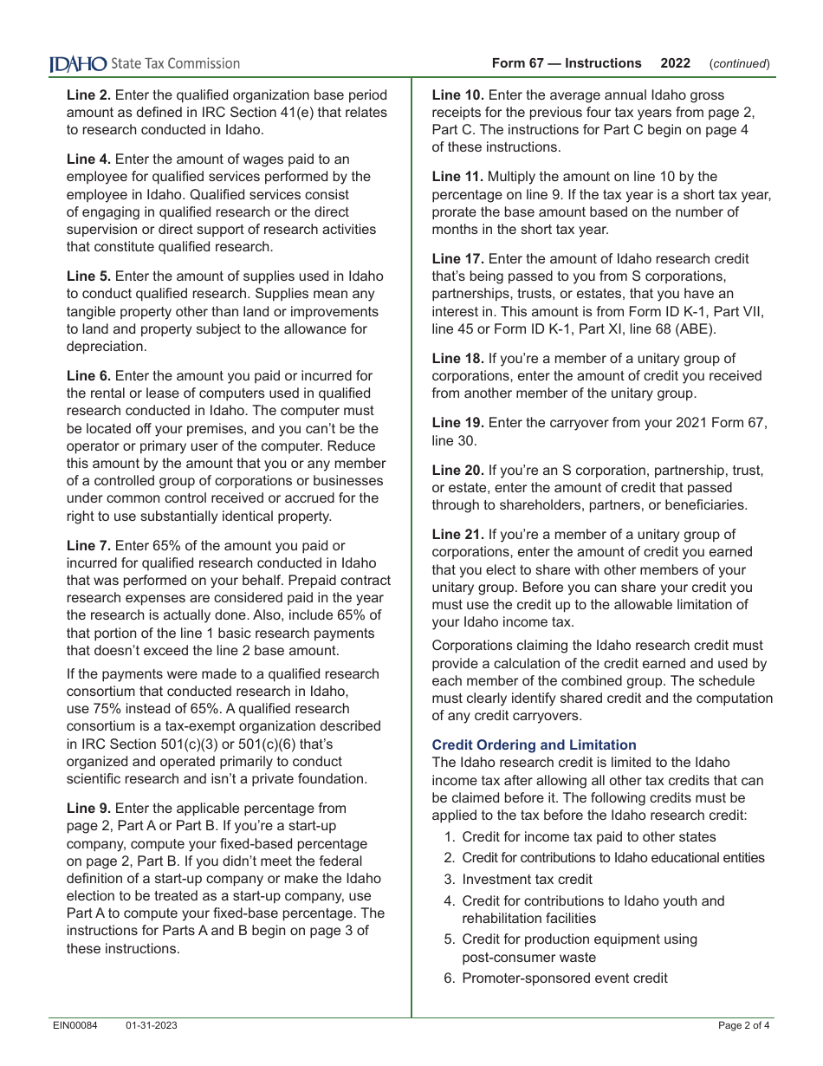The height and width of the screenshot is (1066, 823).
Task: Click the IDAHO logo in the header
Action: pyautogui.click(x=79, y=63)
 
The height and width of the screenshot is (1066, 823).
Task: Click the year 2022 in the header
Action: pyautogui.click(x=675, y=63)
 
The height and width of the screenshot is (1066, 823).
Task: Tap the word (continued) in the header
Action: pyautogui.click(x=739, y=63)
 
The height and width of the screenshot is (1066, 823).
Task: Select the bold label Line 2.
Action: pyautogui.click(x=88, y=94)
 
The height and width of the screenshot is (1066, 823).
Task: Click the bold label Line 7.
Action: pyautogui.click(x=88, y=545)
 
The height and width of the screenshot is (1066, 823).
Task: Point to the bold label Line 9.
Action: pyautogui.click(x=88, y=808)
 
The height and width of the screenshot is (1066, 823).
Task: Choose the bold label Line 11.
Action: pyautogui.click(x=457, y=176)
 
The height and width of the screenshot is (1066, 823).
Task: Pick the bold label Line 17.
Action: pyautogui.click(x=457, y=258)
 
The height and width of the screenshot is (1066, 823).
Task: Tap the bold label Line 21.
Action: pyautogui.click(x=457, y=534)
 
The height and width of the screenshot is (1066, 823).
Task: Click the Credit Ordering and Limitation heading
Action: pyautogui.click(x=534, y=744)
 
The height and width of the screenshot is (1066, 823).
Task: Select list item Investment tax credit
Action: pyautogui.click(x=527, y=879)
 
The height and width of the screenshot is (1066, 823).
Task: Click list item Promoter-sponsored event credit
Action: pyautogui.click(x=565, y=978)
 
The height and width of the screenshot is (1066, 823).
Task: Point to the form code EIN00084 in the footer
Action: pyautogui.click(x=74, y=1025)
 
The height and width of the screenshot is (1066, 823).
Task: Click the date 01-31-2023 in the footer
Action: pyautogui.click(x=151, y=1025)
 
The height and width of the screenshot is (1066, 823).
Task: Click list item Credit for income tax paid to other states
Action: pyautogui.click(x=589, y=836)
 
